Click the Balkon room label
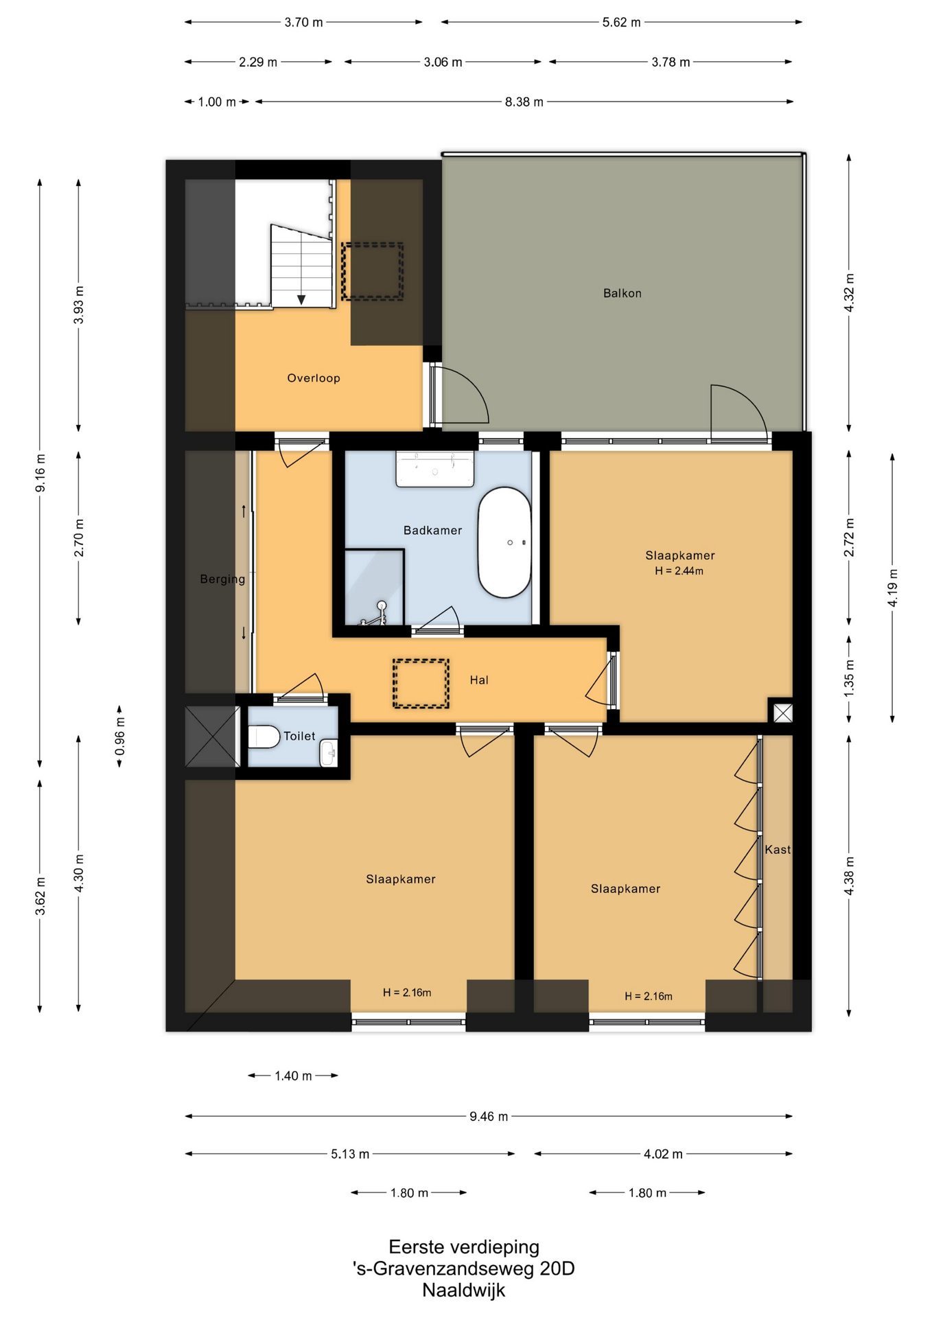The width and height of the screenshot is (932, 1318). pos(622,293)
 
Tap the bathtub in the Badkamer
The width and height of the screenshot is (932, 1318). pos(504,542)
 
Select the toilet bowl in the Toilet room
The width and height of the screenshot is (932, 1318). pos(264,737)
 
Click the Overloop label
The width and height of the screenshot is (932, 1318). pos(313,378)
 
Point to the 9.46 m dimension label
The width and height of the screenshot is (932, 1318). pos(489,1116)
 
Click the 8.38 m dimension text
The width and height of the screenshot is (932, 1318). pos(524,102)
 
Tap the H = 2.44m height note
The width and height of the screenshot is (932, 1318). pos(679,571)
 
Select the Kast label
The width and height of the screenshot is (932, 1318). pos(778,850)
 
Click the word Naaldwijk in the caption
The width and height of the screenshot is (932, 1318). pos(463,1291)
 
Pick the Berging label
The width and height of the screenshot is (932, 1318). pos(222,579)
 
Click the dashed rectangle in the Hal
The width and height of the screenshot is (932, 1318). pos(421,683)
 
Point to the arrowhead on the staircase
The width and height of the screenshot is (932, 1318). pos(301,300)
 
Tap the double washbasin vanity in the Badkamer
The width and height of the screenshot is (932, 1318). pos(434,469)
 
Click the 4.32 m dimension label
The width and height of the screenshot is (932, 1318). pos(849,292)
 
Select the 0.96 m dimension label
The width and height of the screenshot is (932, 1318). pos(120,736)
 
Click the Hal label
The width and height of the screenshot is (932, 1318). pos(479,680)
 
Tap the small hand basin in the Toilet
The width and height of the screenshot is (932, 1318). pos(329,753)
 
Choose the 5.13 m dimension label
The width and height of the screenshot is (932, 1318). pos(350,1155)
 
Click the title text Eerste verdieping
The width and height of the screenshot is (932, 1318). pos(464,1247)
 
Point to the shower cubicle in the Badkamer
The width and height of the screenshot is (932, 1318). pos(373,588)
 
